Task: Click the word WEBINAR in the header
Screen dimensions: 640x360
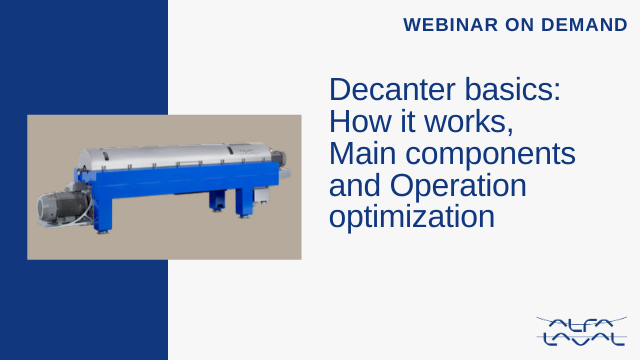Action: click(x=451, y=25)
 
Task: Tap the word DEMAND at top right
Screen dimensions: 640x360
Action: click(x=584, y=25)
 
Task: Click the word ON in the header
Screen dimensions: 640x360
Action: click(x=520, y=25)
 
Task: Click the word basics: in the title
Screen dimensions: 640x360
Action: click(x=513, y=89)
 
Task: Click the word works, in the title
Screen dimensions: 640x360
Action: click(x=469, y=122)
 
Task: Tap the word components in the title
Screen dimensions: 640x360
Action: click(x=490, y=156)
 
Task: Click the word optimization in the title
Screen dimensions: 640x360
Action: click(x=412, y=217)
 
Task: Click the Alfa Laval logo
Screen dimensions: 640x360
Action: click(x=582, y=331)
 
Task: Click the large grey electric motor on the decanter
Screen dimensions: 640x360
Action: click(x=62, y=206)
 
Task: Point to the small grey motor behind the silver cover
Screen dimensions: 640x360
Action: click(x=278, y=158)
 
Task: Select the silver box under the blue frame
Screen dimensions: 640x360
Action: click(x=261, y=195)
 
